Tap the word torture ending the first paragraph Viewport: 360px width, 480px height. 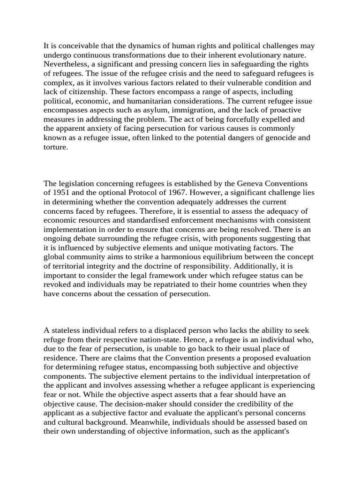[55, 147]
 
